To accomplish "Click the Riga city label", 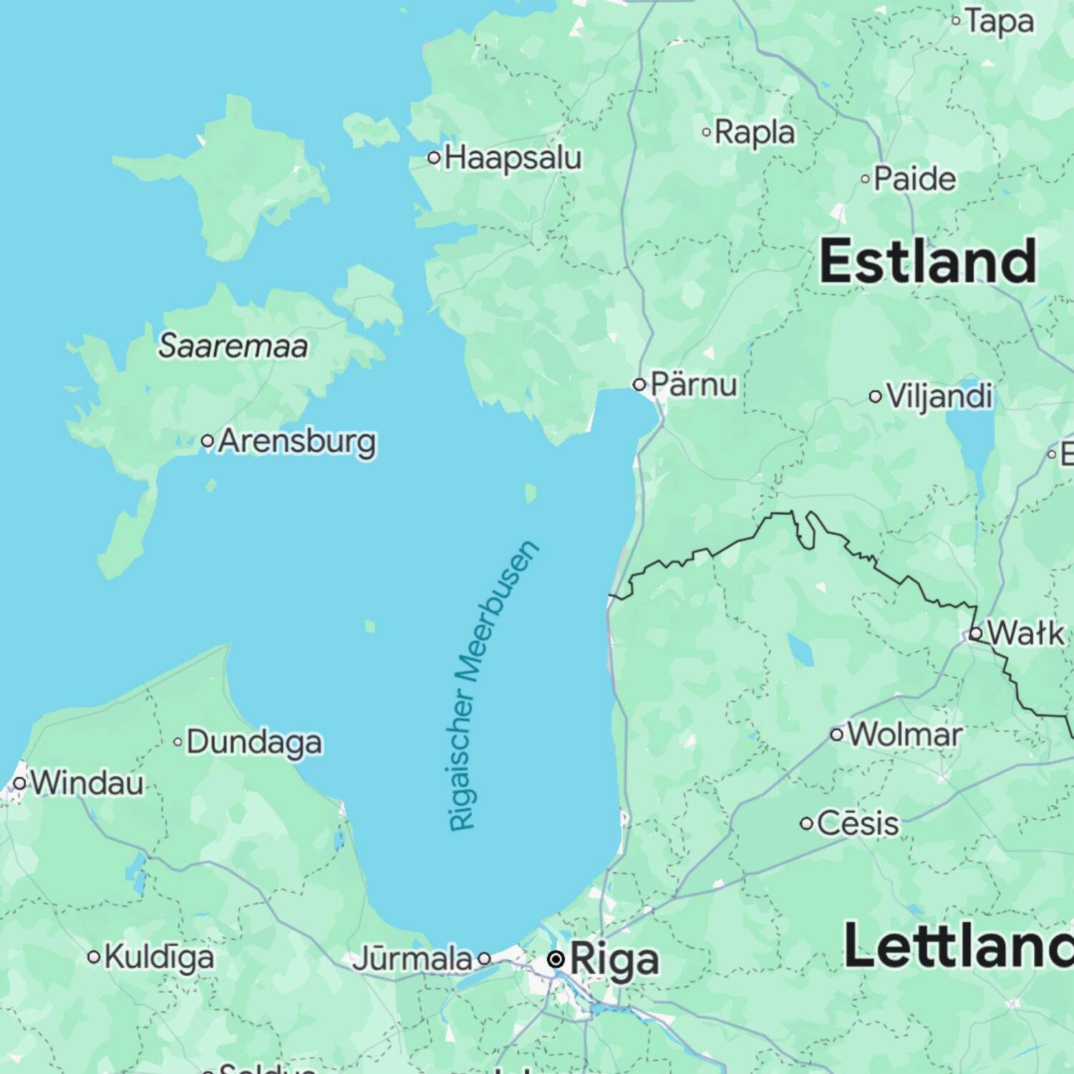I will (614, 960).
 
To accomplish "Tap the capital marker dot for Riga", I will (556, 959).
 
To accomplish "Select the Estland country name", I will (928, 261).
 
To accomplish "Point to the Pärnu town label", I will (693, 385).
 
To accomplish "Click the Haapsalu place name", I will (513, 158).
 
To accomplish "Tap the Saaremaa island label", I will (233, 346).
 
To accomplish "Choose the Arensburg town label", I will (296, 441).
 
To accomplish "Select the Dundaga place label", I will (254, 742).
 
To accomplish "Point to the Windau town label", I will (87, 783).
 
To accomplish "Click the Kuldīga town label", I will (159, 957).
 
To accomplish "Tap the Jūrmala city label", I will (412, 959).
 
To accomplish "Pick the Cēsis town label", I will (857, 823).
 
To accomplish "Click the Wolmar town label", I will (905, 735).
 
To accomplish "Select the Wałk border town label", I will (1025, 634).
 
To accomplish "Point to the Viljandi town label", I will (939, 396).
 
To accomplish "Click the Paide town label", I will (914, 179).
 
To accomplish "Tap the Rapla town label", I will (755, 132).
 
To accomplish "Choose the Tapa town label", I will (1000, 21).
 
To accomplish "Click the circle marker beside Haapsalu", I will (434, 158).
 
